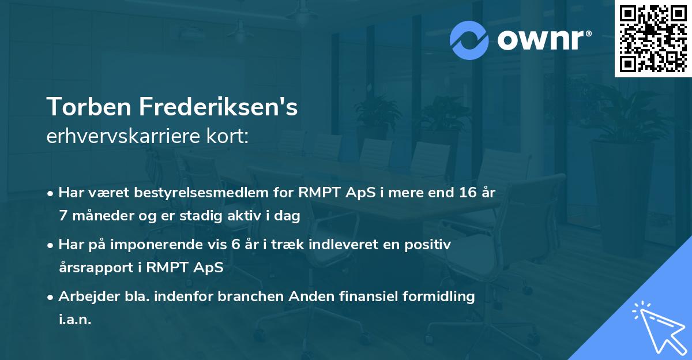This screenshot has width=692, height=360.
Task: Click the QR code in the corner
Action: (x=653, y=38)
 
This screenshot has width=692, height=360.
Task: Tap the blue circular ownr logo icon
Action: (x=469, y=39)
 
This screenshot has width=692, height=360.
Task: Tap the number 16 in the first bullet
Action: (x=465, y=193)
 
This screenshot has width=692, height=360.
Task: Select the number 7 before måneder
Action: (x=62, y=216)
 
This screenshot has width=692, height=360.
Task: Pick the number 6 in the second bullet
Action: (x=235, y=245)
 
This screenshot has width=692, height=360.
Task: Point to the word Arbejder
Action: (x=85, y=297)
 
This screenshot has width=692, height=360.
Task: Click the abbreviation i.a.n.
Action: (x=75, y=320)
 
